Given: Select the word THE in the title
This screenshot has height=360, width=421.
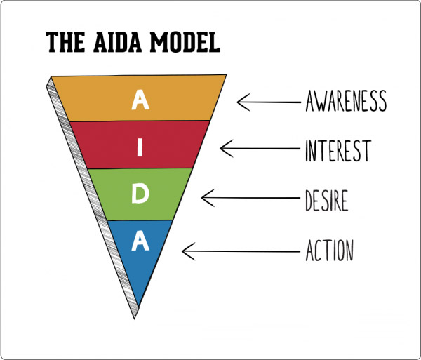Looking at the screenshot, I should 66,41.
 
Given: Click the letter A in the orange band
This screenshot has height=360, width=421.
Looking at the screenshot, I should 141,101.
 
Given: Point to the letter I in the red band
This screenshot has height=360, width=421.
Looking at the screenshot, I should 140,147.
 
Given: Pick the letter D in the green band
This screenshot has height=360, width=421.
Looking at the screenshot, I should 140,194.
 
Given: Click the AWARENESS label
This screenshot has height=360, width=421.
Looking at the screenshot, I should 346,102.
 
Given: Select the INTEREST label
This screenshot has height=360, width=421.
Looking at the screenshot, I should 337,149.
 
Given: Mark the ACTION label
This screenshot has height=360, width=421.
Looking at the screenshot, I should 329,249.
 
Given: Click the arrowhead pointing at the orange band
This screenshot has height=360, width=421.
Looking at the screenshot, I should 241,102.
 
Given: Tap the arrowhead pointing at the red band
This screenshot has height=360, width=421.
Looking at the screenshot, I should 224,148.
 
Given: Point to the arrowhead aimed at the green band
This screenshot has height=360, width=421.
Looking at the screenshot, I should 206,197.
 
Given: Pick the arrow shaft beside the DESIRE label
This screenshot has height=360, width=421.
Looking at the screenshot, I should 253,197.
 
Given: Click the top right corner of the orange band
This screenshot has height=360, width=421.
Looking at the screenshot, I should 225,75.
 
